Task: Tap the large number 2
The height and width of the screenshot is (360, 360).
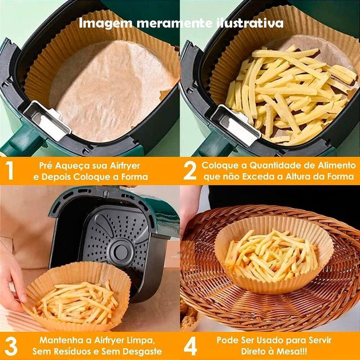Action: click(x=190, y=171)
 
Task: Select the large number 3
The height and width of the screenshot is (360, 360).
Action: click(x=11, y=346)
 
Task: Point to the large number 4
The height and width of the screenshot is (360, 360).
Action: click(x=190, y=346)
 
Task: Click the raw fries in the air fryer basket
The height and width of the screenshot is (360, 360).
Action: click(x=288, y=94)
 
